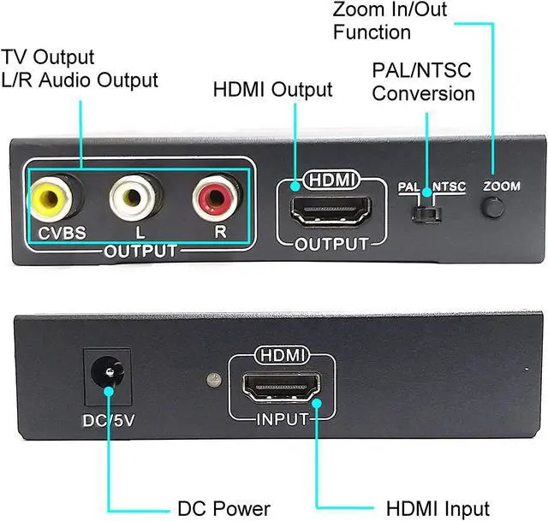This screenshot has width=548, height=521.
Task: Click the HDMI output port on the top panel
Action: coord(332,210)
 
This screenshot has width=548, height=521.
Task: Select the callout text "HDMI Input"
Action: coord(438,508)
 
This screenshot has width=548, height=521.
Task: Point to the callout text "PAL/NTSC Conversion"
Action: coord(423,81)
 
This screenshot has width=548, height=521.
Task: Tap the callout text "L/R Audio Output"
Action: coord(80,80)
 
